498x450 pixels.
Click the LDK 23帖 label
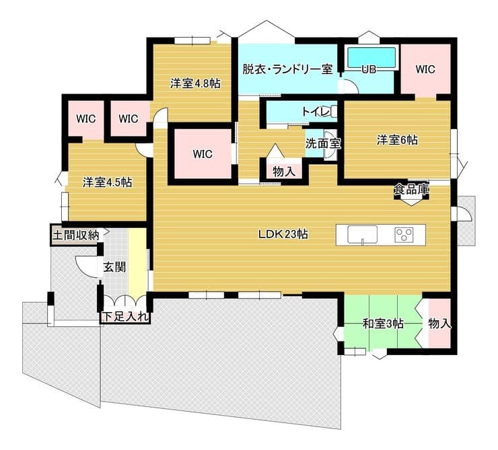tap(283, 235)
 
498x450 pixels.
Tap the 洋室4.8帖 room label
tap(195, 83)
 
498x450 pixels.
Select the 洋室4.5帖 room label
tap(108, 182)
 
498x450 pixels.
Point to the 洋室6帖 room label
tap(397, 140)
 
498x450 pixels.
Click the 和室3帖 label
tap(383, 324)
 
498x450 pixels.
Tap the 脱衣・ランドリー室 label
tap(287, 69)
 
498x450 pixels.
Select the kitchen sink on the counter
tap(362, 235)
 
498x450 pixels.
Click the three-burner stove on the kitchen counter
tap(404, 235)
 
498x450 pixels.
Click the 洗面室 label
tap(322, 144)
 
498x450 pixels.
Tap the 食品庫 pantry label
tap(411, 189)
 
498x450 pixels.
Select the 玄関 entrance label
tap(114, 267)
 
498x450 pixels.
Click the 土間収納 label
tap(76, 235)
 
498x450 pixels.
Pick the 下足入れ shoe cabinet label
tap(125, 317)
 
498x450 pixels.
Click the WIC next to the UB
tap(425, 69)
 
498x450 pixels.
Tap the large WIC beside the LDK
tap(203, 154)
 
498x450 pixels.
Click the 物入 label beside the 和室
tap(439, 324)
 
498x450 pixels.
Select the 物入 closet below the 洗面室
tap(284, 172)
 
